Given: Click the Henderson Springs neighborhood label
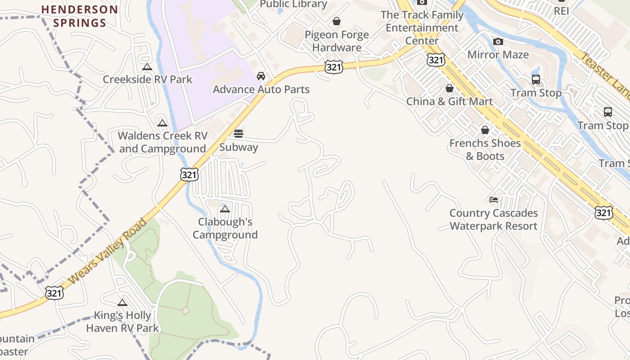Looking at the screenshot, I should tap(80, 16).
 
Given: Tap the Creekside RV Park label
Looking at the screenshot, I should tap(147, 80).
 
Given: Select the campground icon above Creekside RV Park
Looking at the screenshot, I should tap(147, 67).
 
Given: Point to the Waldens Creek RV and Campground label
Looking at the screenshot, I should tap(162, 142).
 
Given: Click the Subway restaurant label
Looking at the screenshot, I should tap(238, 147).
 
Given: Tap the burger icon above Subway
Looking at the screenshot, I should tap(238, 134).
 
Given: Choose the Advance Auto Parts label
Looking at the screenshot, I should tap(261, 90).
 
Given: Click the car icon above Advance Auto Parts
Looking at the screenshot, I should tap(261, 76).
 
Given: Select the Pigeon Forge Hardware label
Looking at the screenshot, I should tap(337, 41).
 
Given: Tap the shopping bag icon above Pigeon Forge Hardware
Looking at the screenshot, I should tap(337, 21).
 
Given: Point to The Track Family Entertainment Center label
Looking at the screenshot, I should tap(422, 27).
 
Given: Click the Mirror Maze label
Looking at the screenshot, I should tap(498, 55).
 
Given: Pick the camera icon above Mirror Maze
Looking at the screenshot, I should tap(498, 42).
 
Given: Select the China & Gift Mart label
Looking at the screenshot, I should tap(449, 102).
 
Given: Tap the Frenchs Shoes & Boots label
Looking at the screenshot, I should tap(485, 149).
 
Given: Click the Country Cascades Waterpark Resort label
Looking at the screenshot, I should tap(494, 220).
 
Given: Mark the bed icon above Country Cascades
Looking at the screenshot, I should tap(494, 199).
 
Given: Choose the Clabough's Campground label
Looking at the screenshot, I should tap(225, 228).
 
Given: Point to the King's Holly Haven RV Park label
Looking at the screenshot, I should tap(122, 321).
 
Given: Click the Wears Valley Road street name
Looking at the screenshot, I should tap(108, 252).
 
